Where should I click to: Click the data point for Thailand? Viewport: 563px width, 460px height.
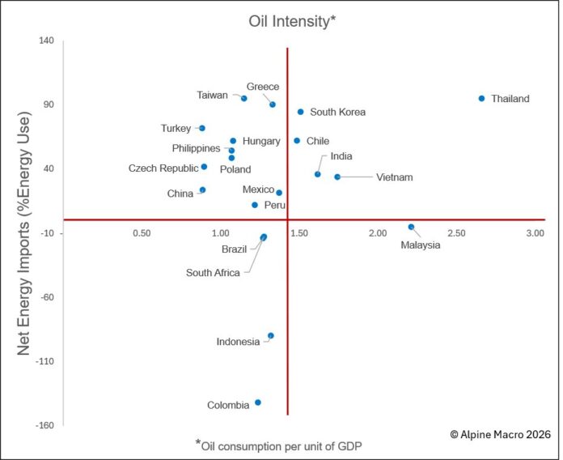pos(481,99)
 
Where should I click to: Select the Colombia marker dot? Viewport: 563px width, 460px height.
pos(258,402)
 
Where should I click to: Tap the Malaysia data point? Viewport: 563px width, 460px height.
pos(411,228)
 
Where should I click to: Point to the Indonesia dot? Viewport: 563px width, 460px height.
pos(271,335)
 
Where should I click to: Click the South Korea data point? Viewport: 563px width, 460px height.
pos(300,113)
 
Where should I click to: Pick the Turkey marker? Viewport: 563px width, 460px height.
pos(202,128)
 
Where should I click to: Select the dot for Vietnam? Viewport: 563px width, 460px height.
pos(337,177)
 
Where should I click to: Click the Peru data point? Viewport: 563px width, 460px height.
pos(254,206)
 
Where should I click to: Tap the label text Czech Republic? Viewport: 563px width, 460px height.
pos(163,168)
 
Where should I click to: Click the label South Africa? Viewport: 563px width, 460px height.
pos(213,273)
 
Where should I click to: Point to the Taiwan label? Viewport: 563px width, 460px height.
pos(213,95)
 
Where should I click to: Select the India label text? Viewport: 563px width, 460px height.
pos(341,156)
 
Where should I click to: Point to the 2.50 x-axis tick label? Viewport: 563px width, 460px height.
pos(456,233)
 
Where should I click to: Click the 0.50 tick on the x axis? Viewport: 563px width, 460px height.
pos(142,233)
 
